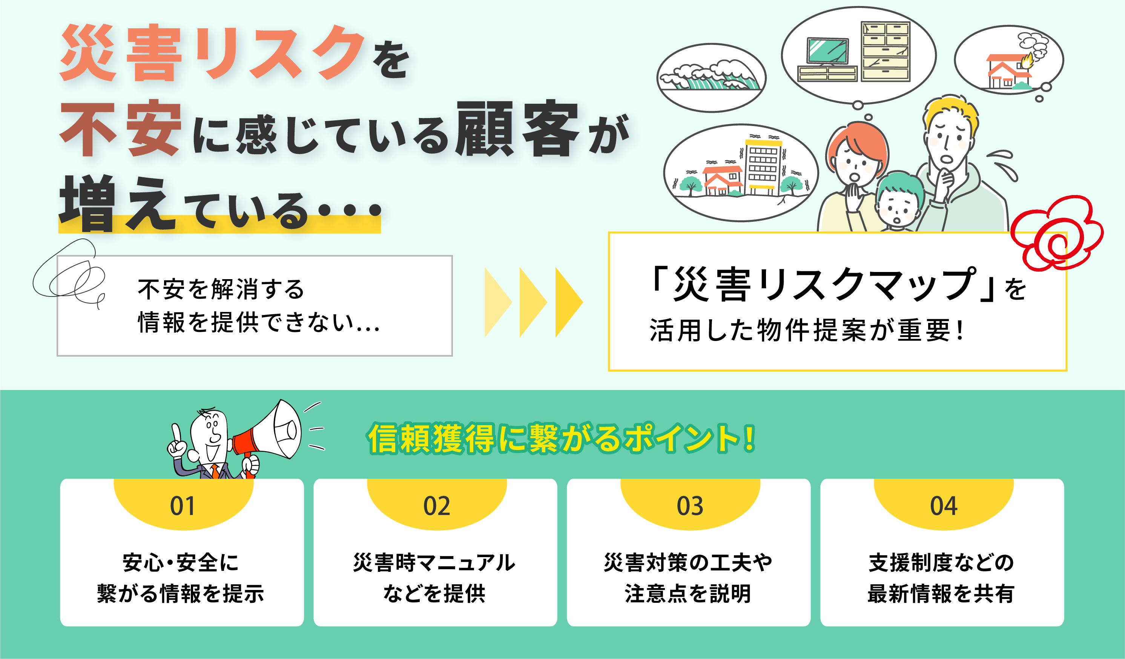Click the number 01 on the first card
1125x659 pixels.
click(x=183, y=506)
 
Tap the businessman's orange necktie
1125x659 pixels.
click(x=215, y=472)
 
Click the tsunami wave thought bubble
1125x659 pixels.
click(x=712, y=78)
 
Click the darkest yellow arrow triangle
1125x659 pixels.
click(x=569, y=302)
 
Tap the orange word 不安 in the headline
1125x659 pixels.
click(x=121, y=129)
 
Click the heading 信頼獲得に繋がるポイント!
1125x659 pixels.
click(x=561, y=438)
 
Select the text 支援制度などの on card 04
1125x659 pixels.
click(x=941, y=562)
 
